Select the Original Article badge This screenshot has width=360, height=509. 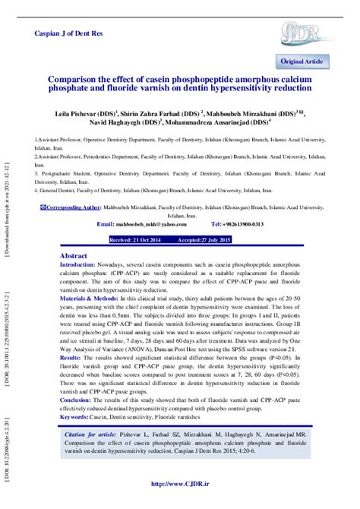[303, 61]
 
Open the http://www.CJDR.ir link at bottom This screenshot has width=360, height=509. [179, 484]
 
